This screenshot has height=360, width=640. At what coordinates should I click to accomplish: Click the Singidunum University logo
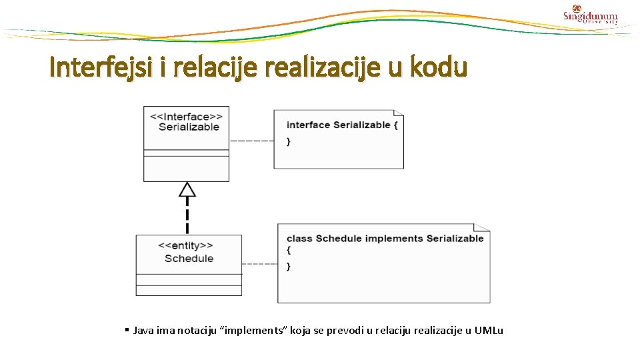pyautogui.click(x=590, y=15)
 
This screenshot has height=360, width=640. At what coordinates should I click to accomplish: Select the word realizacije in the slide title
pyautogui.click(x=305, y=67)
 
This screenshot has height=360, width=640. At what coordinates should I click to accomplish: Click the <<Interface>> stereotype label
pyautogui.click(x=186, y=116)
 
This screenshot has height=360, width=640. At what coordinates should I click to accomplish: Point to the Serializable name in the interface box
pyautogui.click(x=189, y=127)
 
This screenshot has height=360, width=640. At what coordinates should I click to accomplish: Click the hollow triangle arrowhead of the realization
pyautogui.click(x=187, y=190)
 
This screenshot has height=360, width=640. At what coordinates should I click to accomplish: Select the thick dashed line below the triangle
pyautogui.click(x=187, y=217)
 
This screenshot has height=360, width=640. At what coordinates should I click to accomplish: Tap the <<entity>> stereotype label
pyautogui.click(x=186, y=246)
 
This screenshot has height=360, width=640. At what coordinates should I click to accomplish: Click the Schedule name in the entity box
pyautogui.click(x=189, y=258)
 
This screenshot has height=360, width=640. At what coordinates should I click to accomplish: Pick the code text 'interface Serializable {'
pyautogui.click(x=342, y=125)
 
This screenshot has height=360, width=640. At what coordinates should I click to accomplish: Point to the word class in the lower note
pyautogui.click(x=299, y=238)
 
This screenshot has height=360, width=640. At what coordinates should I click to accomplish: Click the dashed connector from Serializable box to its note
pyautogui.click(x=251, y=141)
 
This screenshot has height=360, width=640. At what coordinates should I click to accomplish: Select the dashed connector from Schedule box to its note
pyautogui.click(x=259, y=264)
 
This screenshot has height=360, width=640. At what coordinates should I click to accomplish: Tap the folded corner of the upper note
pyautogui.click(x=399, y=114)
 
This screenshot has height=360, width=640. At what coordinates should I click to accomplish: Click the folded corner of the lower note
pyautogui.click(x=485, y=228)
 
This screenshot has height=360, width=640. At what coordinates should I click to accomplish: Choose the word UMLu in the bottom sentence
pyautogui.click(x=489, y=331)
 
